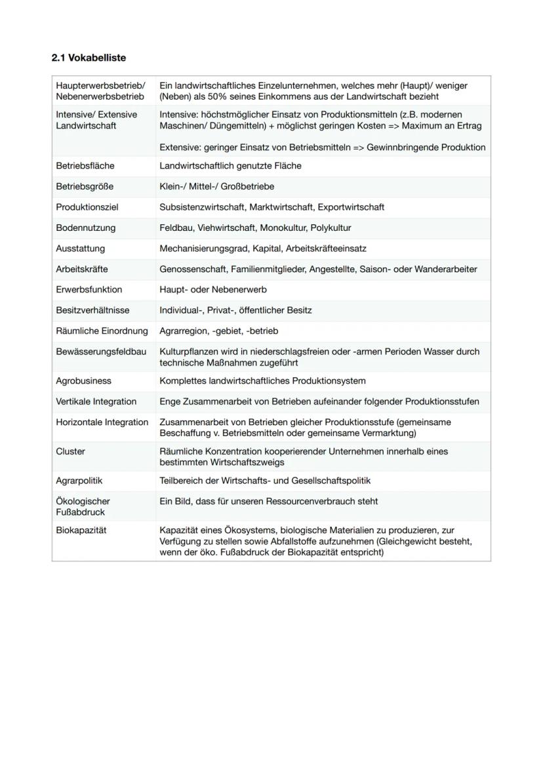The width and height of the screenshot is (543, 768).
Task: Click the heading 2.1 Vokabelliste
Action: pos(89,58)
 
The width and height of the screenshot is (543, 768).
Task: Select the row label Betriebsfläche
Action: pos(85,166)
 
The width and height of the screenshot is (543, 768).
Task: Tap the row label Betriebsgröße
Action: pos(85,186)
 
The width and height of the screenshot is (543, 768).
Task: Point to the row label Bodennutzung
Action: pos(85,228)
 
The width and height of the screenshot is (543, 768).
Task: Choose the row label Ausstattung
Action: pos(80,249)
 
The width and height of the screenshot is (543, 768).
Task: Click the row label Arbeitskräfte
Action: pos(82,269)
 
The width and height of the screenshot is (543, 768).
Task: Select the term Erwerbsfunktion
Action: pos(89,289)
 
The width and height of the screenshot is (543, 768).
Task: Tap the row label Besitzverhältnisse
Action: pos(92,310)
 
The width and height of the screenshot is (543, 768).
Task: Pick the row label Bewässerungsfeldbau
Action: pos(101,352)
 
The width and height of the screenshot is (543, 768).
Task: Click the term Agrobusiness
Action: pos(83,381)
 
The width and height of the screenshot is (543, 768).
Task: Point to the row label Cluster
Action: pos(70,451)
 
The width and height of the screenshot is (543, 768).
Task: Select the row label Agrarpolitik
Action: pos(79,481)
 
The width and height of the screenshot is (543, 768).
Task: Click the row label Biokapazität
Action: pos(81,530)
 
